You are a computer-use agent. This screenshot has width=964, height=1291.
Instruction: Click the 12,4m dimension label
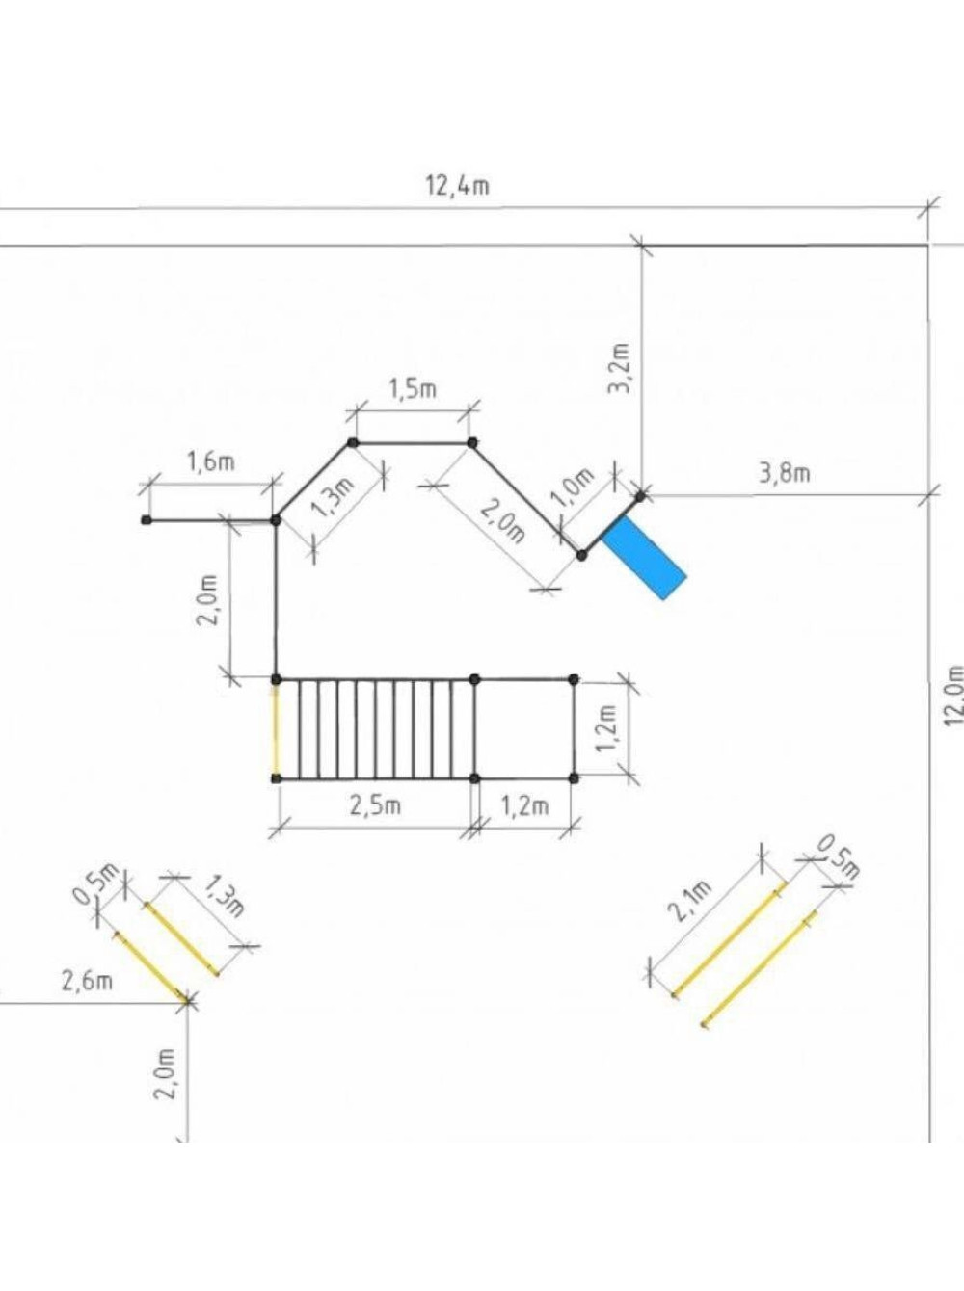pyautogui.click(x=457, y=186)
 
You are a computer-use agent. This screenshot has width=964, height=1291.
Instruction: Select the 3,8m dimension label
pyautogui.click(x=784, y=473)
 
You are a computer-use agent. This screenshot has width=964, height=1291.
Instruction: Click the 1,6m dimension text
pyautogui.click(x=211, y=461)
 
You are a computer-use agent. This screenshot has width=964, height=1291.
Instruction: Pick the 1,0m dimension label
pyautogui.click(x=571, y=487)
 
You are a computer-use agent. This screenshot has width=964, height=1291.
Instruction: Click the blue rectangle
pyautogui.click(x=643, y=558)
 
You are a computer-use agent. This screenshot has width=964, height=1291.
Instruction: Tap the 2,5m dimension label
pyautogui.click(x=375, y=805)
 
